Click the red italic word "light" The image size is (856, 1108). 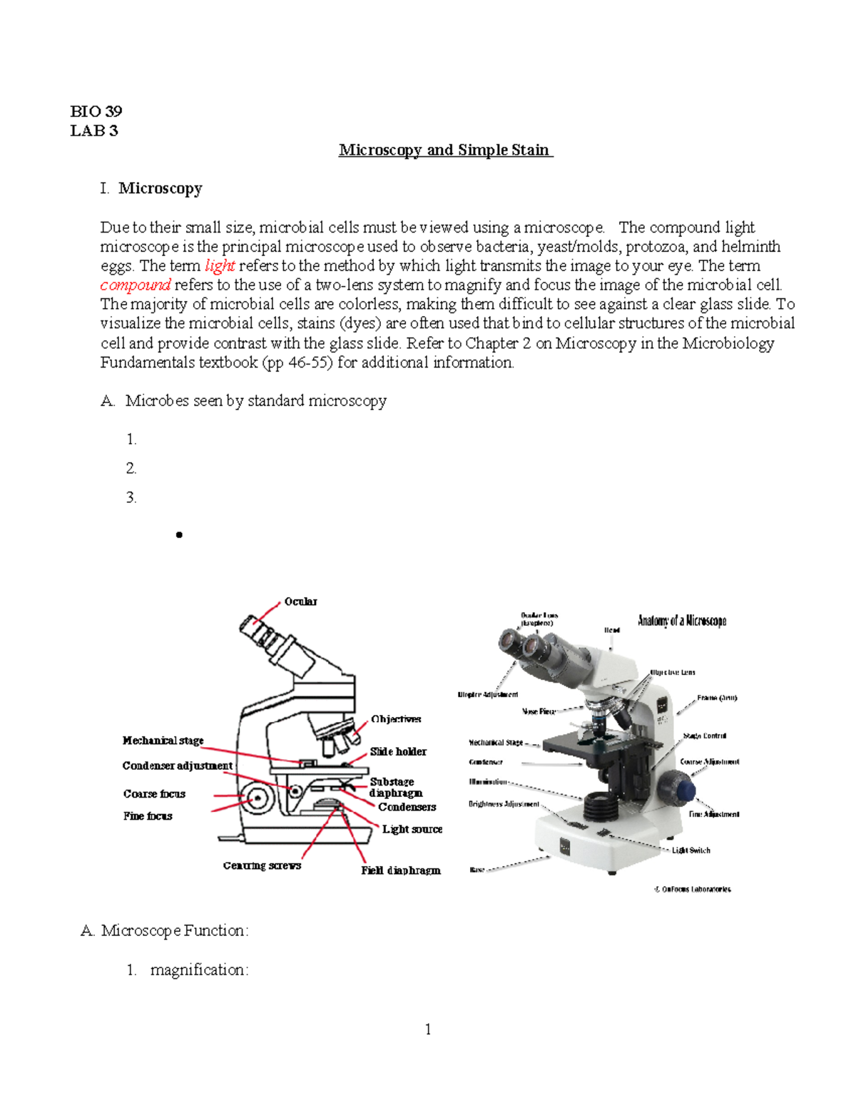pyautogui.click(x=220, y=266)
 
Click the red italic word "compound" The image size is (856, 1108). pyautogui.click(x=136, y=285)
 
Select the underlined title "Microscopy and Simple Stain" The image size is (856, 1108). pyautogui.click(x=445, y=150)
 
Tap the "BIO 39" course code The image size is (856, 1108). pyautogui.click(x=96, y=111)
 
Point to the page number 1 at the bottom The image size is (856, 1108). pyautogui.click(x=428, y=1029)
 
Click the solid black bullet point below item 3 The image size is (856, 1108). pyautogui.click(x=179, y=534)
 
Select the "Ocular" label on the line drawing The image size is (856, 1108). pyautogui.click(x=300, y=601)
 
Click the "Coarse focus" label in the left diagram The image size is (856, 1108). pyautogui.click(x=154, y=794)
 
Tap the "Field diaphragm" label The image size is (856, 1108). pyautogui.click(x=400, y=870)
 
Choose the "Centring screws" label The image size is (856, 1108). pyautogui.click(x=262, y=865)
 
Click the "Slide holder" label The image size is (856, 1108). pyautogui.click(x=398, y=752)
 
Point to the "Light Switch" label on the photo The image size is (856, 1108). pyautogui.click(x=691, y=850)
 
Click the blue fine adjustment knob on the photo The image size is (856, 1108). pyautogui.click(x=685, y=790)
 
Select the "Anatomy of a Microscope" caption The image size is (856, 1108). pyautogui.click(x=682, y=621)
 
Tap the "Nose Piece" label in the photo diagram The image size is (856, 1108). pyautogui.click(x=539, y=711)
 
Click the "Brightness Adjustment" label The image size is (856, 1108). pyautogui.click(x=504, y=804)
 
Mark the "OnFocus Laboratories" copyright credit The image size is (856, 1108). pyautogui.click(x=693, y=890)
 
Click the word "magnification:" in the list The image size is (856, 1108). pyautogui.click(x=199, y=970)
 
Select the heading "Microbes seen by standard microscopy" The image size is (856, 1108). pyautogui.click(x=256, y=401)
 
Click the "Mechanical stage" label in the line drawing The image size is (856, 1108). pyautogui.click(x=163, y=741)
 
